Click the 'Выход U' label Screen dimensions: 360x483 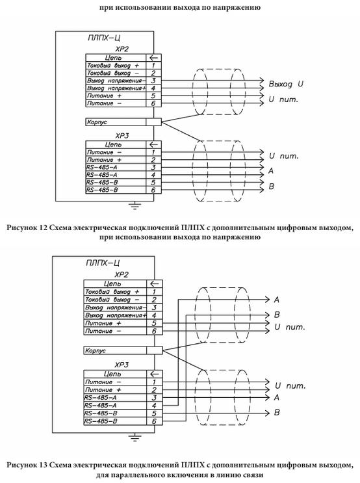[286, 84]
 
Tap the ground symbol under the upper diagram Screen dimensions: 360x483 [135, 205]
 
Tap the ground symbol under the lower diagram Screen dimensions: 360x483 [135, 437]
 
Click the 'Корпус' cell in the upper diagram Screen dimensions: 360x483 [116, 122]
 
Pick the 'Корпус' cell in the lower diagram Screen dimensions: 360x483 [115, 350]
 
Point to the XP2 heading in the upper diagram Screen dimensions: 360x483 [122, 49]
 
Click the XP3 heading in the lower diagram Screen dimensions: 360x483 [122, 365]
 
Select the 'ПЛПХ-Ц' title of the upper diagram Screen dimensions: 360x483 [104, 38]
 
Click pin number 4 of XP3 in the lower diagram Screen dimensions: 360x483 [154, 406]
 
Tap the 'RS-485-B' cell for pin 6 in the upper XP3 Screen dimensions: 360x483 [116, 190]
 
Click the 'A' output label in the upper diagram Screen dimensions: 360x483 [271, 171]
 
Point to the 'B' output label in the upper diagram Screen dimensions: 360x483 [272, 187]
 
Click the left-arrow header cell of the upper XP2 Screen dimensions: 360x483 [153, 58]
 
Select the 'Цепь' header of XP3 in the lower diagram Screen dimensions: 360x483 [112, 374]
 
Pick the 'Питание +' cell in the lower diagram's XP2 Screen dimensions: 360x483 [115, 323]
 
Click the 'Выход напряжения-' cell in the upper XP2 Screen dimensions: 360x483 [116, 81]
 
